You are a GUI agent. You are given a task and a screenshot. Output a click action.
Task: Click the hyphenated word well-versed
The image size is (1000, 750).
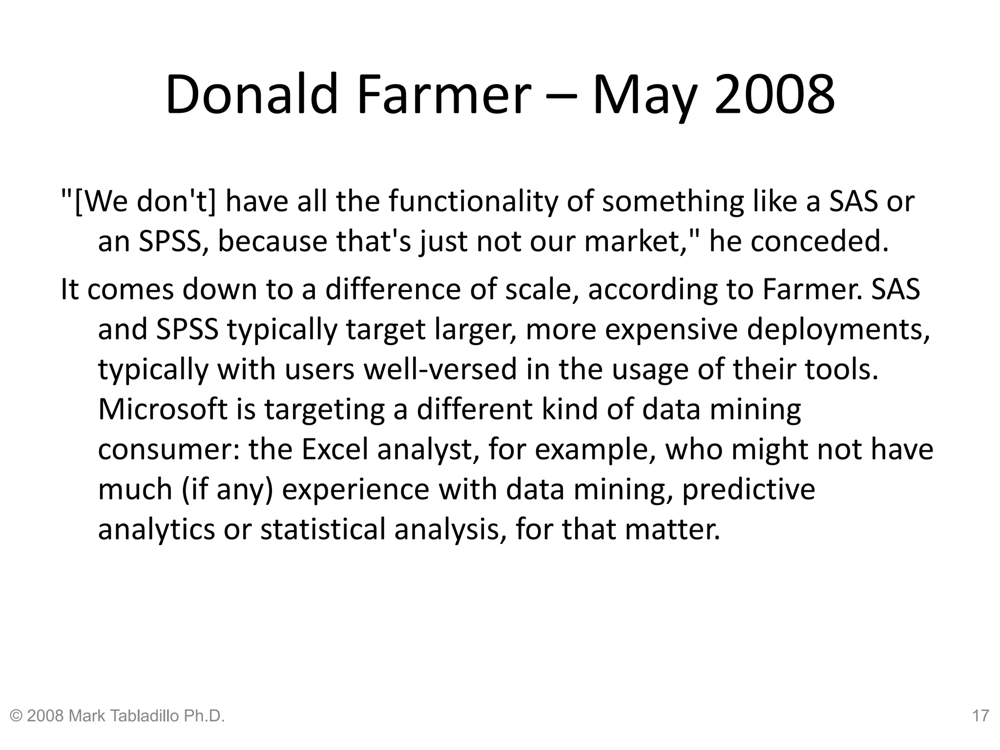pos(440,369)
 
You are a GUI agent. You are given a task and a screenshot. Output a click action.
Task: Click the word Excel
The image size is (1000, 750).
pos(334,449)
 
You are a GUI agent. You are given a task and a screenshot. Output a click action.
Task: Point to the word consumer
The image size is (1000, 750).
pos(169,449)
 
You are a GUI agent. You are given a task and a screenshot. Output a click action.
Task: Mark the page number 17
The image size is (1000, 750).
pos(980,716)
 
